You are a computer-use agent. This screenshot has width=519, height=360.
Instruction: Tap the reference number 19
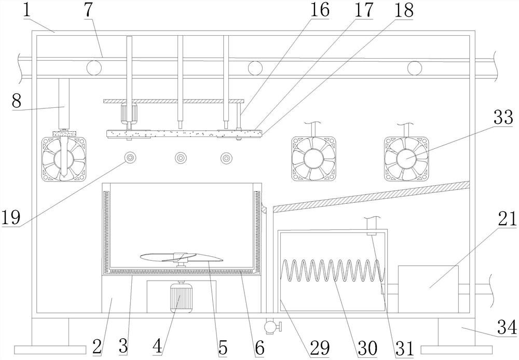[11, 216]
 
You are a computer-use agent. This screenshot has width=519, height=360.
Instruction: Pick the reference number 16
[320, 10]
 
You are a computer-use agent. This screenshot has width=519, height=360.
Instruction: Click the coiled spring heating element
[332, 271]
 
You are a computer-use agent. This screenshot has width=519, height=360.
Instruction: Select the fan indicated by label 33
[406, 159]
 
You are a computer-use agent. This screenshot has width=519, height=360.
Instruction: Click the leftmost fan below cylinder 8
[63, 158]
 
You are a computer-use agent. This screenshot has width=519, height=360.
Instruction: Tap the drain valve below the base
[270, 327]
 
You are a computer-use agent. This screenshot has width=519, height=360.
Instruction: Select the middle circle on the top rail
[255, 67]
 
